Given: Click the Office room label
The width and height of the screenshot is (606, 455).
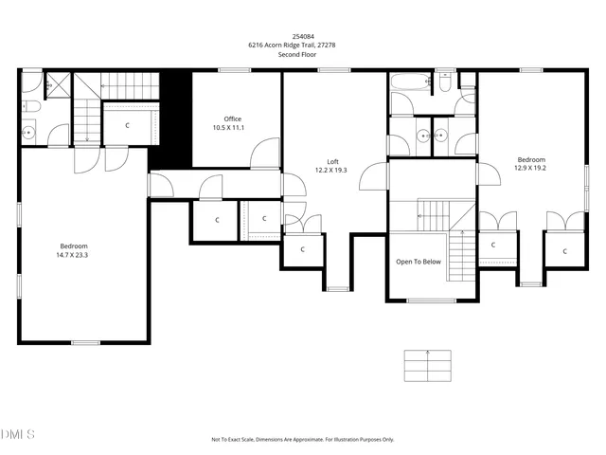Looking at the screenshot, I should [232, 118].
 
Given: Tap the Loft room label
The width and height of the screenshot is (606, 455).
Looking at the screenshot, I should [331, 161].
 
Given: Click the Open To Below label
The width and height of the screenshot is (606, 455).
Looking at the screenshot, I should [418, 262].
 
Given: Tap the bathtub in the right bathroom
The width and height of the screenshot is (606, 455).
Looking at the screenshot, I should [409, 82].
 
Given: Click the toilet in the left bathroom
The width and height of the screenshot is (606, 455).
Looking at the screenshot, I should [27, 105].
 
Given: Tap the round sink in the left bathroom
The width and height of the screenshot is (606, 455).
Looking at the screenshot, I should [29, 133].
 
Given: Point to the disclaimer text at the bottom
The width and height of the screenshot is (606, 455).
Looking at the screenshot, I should [302, 439].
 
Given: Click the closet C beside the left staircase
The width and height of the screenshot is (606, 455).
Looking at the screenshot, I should [128, 124].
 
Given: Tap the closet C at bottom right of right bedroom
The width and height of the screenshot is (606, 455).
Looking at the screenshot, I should [564, 251].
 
